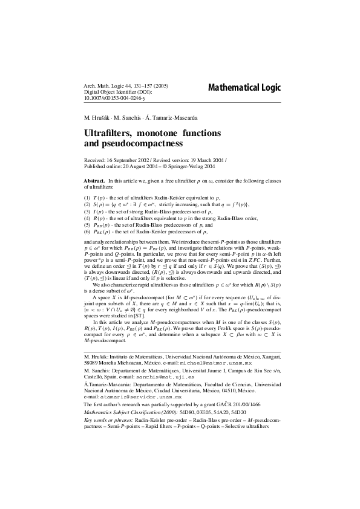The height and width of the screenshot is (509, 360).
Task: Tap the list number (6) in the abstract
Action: pos(87,232)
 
